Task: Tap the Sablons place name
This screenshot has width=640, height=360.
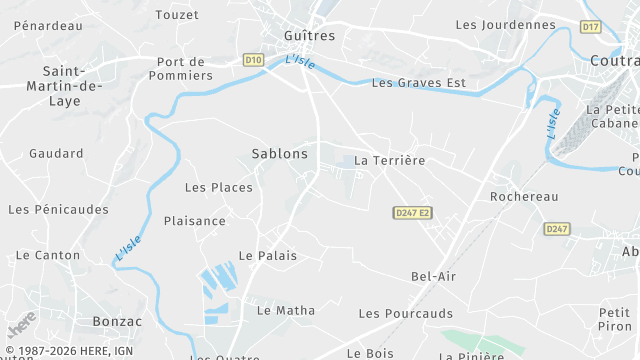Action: click(x=280, y=154)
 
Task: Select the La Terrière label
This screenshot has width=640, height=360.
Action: click(x=390, y=160)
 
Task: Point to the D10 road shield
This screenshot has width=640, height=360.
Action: click(x=253, y=60)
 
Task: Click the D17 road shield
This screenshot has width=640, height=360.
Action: click(x=591, y=26)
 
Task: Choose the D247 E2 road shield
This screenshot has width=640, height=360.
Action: click(x=412, y=213)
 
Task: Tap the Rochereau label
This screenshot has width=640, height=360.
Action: click(x=524, y=197)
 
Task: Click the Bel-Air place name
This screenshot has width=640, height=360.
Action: click(x=433, y=276)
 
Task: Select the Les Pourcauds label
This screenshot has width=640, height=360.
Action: click(x=405, y=314)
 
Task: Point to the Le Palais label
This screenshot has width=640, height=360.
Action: click(x=268, y=256)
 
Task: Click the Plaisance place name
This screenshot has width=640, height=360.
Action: click(x=195, y=221)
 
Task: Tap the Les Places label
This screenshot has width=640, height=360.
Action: click(x=219, y=187)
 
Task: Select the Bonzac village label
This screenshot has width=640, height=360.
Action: click(x=117, y=322)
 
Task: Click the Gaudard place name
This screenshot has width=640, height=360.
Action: click(x=56, y=154)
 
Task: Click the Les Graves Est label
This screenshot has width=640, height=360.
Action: click(x=419, y=83)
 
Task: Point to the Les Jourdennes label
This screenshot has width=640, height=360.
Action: click(x=505, y=24)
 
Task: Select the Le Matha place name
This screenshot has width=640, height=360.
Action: click(x=285, y=311)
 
